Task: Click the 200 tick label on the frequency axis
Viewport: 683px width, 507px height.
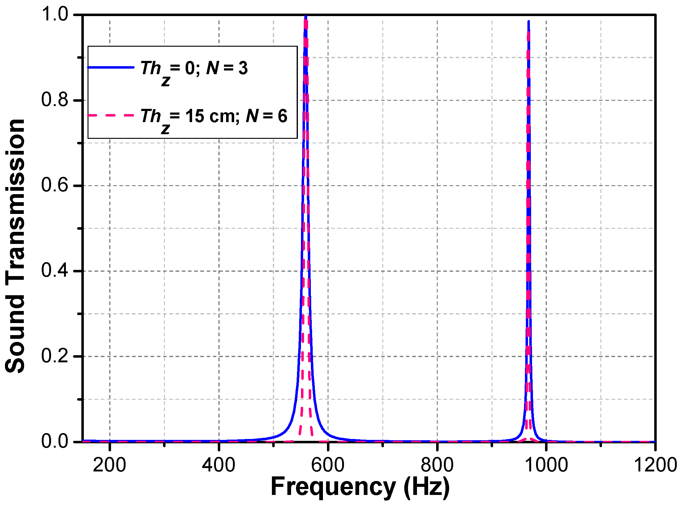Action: point(110,465)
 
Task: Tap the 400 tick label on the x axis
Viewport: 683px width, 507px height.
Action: point(219,465)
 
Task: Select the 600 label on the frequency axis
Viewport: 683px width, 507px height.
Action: point(328,465)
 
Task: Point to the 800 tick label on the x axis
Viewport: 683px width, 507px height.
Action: point(437,465)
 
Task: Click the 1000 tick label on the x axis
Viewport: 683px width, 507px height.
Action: point(546,465)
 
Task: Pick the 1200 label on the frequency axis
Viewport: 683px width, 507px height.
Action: point(655,465)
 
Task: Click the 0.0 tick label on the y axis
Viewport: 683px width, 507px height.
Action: point(55,441)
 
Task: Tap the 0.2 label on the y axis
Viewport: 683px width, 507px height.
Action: point(55,356)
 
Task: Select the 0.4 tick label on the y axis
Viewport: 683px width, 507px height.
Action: point(55,271)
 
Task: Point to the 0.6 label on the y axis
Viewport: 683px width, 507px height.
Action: point(55,185)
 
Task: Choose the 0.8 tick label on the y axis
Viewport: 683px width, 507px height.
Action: point(55,100)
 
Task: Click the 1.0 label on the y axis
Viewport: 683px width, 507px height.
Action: point(55,15)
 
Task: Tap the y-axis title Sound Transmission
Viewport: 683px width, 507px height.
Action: point(15,246)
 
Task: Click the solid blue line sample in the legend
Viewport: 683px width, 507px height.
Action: point(111,67)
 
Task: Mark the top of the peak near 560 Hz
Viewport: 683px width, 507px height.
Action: point(306,16)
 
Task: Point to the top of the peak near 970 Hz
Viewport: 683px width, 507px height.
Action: point(529,22)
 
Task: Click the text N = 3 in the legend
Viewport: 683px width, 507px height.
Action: point(227,68)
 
